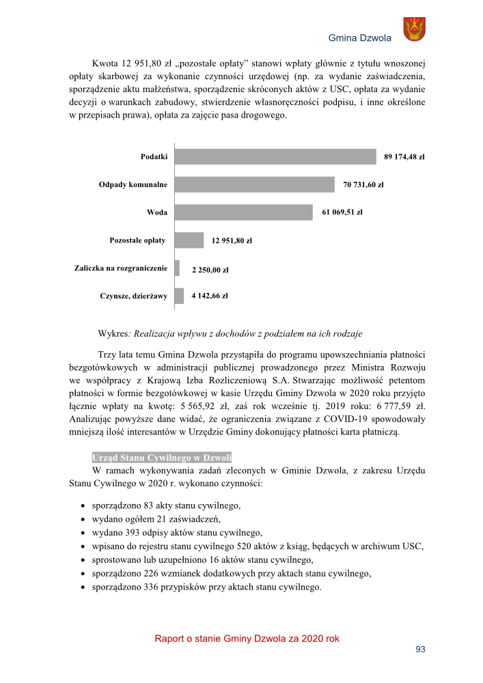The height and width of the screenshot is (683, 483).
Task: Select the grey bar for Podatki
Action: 275,156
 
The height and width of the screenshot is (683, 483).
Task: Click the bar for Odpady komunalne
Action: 255,184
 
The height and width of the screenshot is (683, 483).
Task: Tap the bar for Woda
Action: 243,212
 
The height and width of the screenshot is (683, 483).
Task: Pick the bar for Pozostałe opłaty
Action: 189,240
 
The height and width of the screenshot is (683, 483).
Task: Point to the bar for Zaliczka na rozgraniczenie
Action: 178,268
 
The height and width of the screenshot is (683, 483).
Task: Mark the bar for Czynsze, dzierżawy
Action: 180,296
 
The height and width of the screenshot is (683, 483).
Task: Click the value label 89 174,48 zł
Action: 404,156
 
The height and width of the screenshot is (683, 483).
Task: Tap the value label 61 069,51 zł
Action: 342,212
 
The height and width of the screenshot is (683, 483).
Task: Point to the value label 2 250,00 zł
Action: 210,270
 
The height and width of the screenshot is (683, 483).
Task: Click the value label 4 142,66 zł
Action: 210,296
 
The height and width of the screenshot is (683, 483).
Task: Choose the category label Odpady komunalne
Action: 133,184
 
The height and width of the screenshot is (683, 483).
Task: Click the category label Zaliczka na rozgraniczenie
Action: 121,268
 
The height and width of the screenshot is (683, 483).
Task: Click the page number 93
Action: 421,649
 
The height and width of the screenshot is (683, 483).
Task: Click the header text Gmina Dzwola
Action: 360,38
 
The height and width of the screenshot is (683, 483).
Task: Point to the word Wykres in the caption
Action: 113,334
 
